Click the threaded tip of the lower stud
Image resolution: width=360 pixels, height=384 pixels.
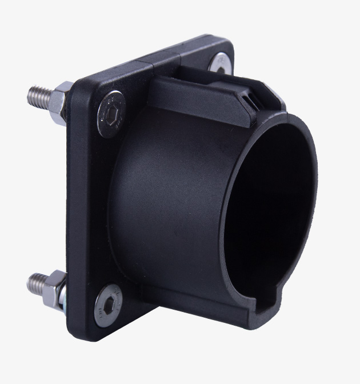pos(35,283)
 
